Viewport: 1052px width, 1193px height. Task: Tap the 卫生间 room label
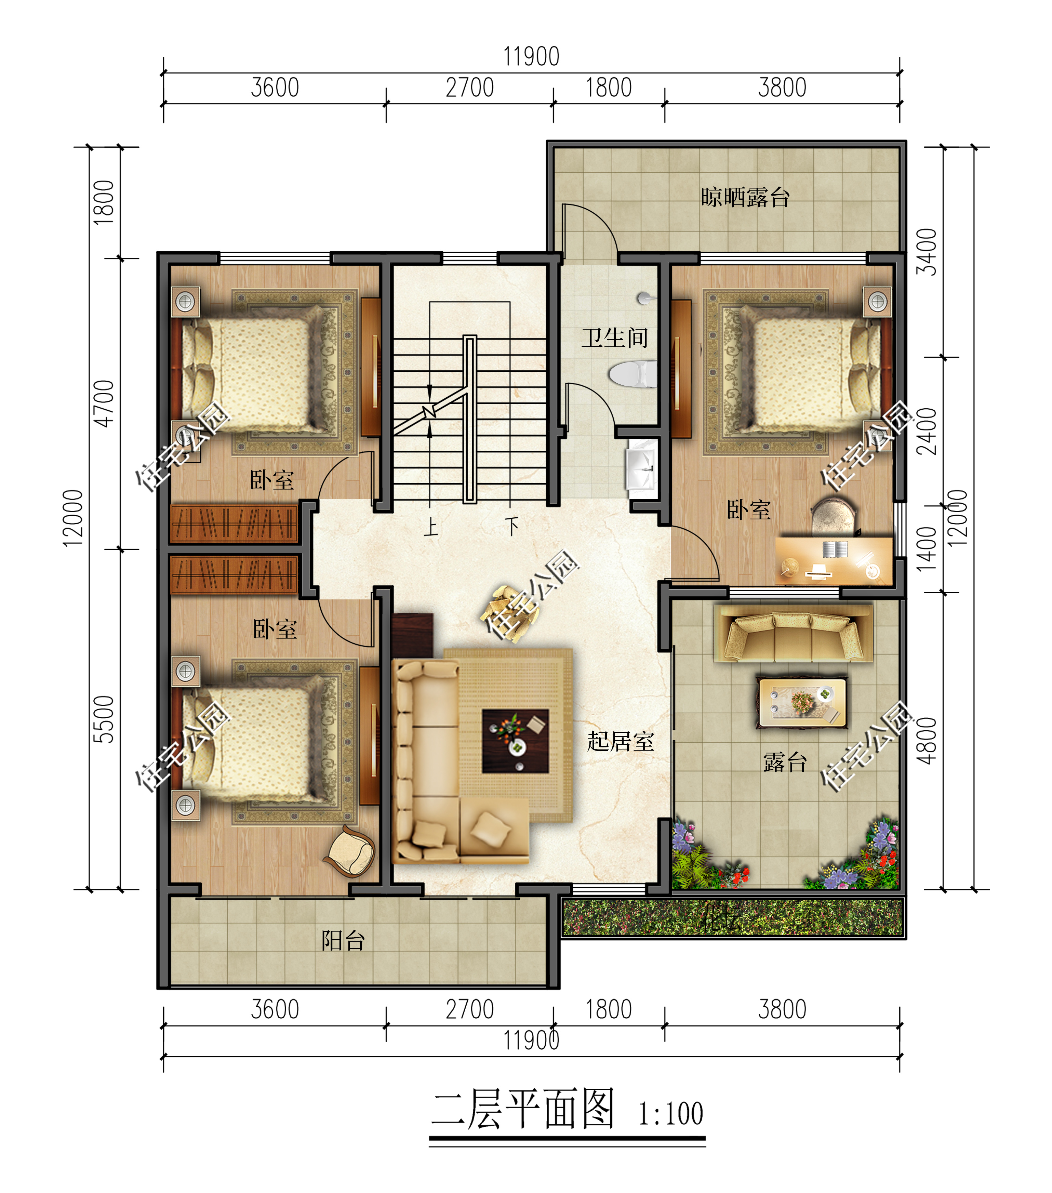tap(614, 338)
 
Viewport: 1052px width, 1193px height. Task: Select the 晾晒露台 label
tap(745, 197)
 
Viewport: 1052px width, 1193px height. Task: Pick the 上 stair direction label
tap(430, 527)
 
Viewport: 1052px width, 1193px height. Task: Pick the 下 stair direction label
tap(512, 527)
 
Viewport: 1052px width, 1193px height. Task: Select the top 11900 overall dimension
tap(531, 57)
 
